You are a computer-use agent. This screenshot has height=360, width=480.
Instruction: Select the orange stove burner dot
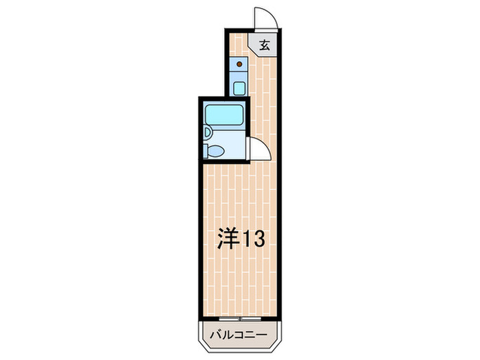(239, 65)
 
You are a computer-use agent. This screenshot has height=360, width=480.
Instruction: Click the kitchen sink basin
(239, 88)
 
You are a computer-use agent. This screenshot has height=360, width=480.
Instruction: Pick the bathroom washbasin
(207, 134)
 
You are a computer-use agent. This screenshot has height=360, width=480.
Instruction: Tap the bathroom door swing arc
(256, 147)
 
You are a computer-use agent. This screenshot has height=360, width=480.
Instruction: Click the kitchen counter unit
(239, 76)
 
